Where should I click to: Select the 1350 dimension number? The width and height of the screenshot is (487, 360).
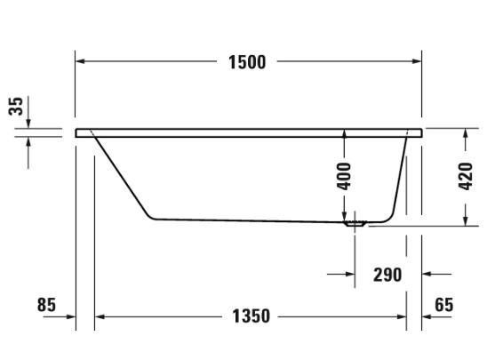(x=251, y=316)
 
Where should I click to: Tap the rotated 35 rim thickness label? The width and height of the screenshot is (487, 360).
(x=15, y=107)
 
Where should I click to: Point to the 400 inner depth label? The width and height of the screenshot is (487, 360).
(x=345, y=174)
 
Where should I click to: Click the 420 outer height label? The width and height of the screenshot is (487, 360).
(x=463, y=176)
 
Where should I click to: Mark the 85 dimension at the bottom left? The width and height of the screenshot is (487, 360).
(x=46, y=305)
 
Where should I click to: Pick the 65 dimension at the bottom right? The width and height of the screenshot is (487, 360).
(x=443, y=305)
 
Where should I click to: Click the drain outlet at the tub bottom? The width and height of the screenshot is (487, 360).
(x=355, y=223)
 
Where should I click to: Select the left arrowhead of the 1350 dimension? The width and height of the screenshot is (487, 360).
(x=100, y=316)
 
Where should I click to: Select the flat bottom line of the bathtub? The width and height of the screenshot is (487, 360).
(x=249, y=220)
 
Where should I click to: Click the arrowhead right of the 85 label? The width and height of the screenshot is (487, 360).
(x=70, y=316)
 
